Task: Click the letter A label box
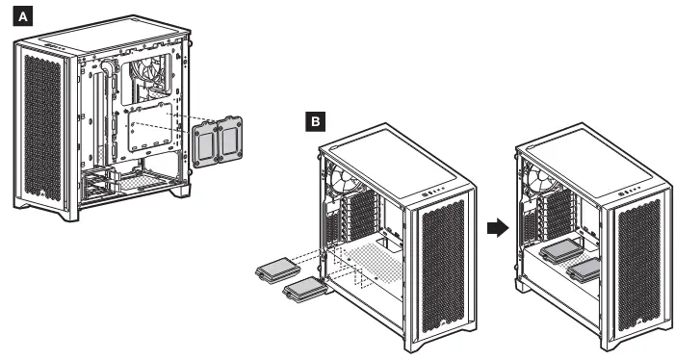click(23, 16)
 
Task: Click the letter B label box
click(316, 121)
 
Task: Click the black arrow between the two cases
click(498, 228)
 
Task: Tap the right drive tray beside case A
click(230, 139)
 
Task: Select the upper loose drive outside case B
click(277, 270)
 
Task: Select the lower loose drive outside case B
click(307, 289)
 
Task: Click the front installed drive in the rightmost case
click(584, 270)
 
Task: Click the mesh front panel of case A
click(43, 128)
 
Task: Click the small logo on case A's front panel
click(43, 193)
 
